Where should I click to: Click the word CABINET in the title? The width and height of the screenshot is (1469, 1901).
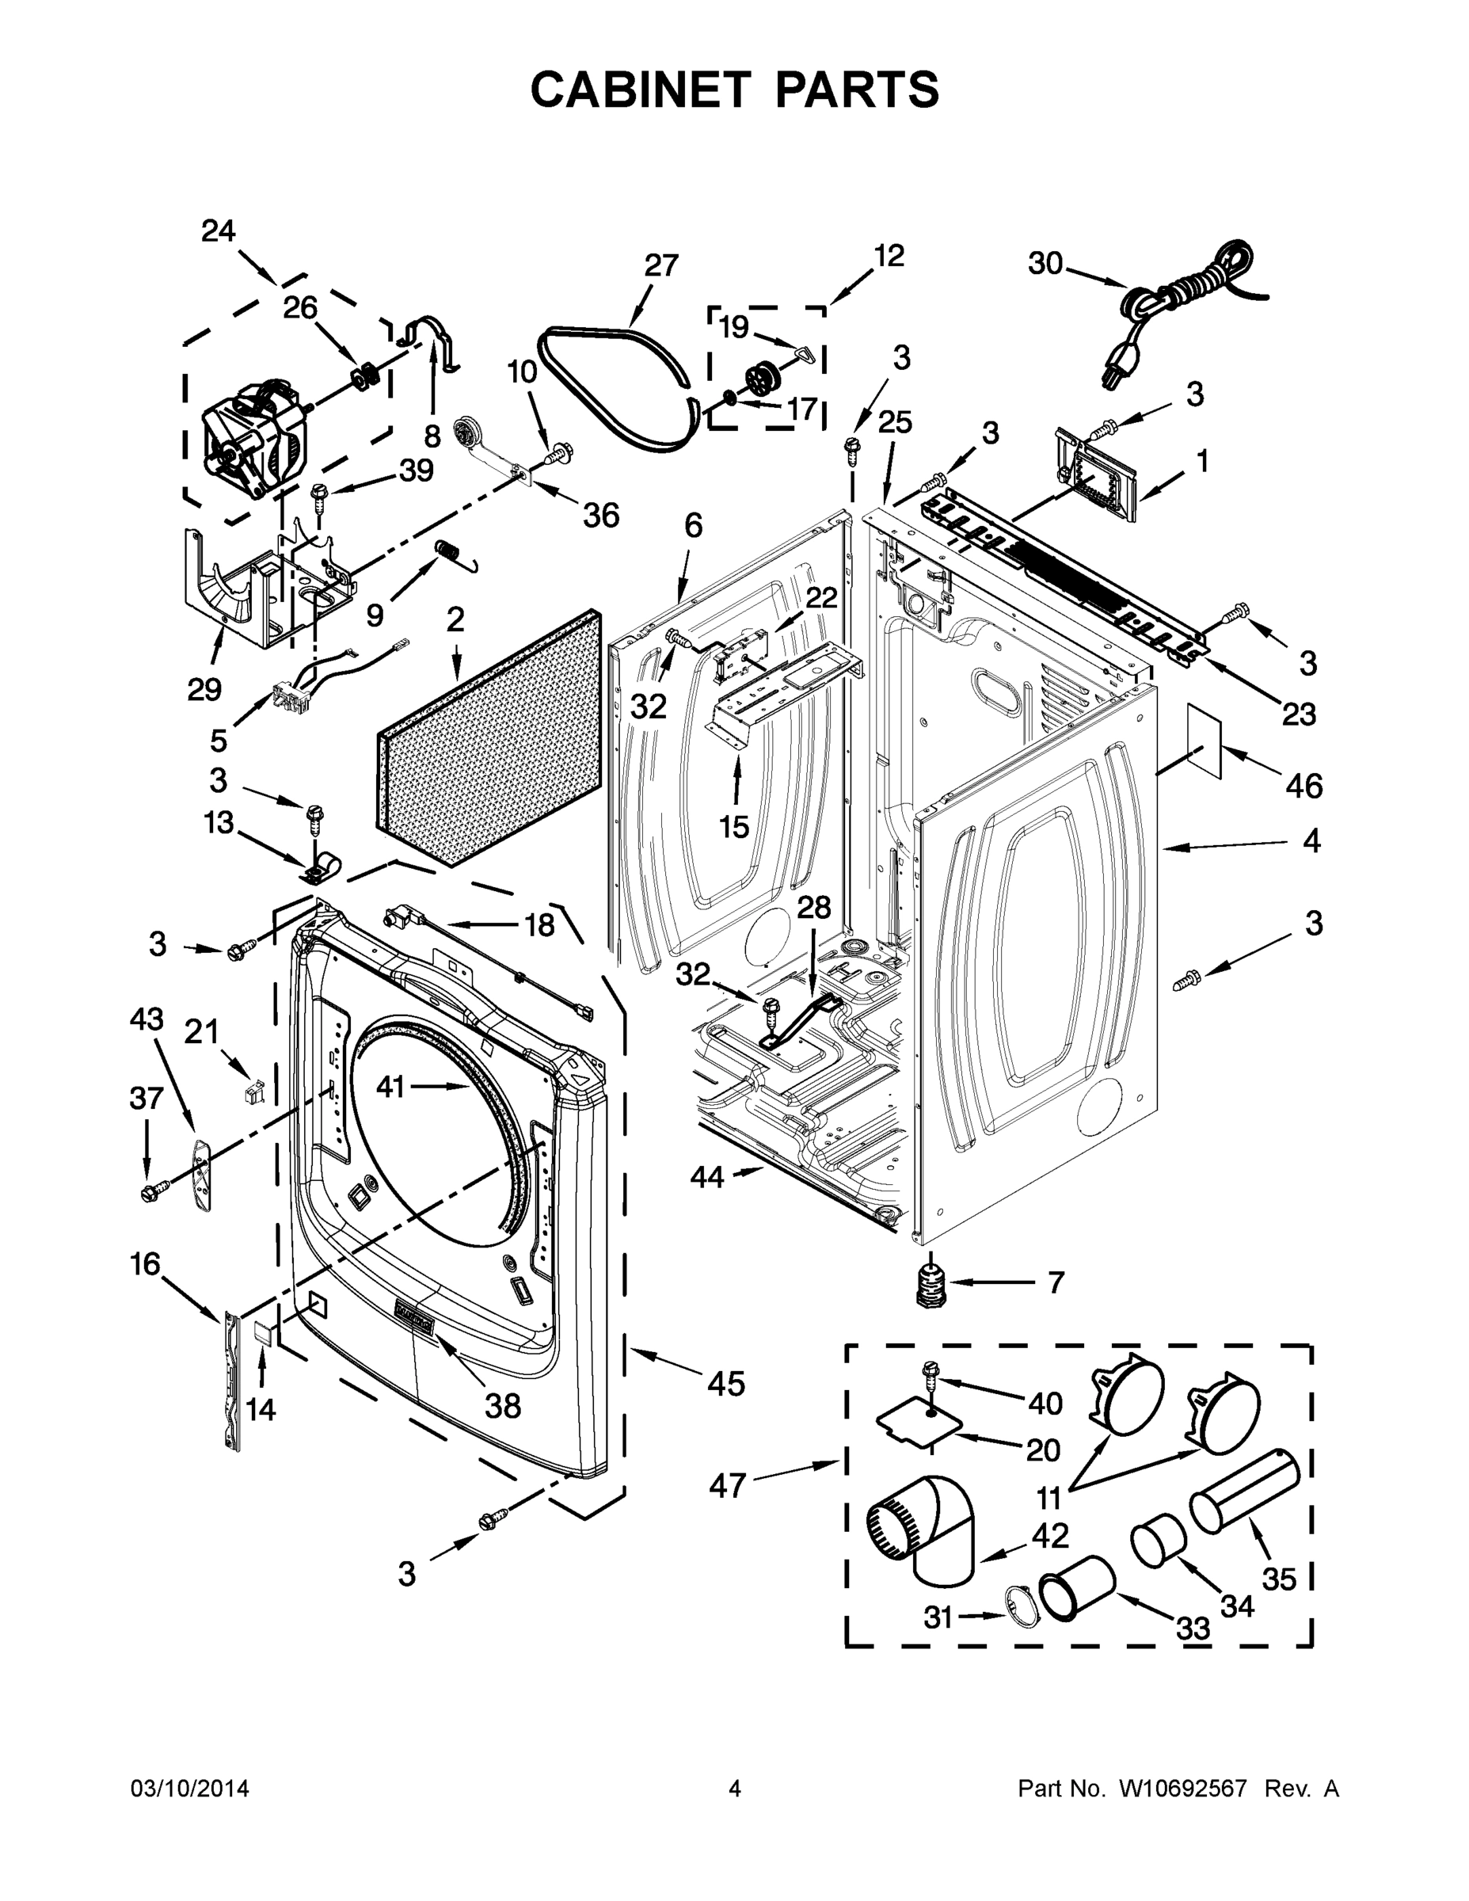641,90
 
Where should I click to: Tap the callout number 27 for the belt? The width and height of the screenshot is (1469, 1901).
661,265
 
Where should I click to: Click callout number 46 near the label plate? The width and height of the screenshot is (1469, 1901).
1303,786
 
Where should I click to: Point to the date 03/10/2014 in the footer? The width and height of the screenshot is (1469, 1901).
190,1788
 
